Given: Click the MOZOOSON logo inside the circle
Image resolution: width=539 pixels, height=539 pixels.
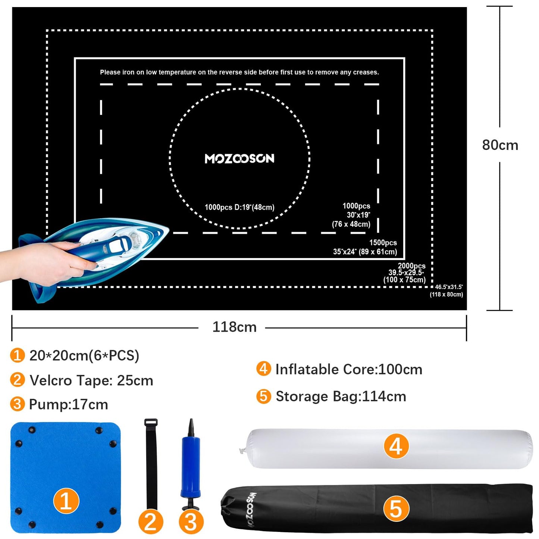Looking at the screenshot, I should click(x=239, y=159).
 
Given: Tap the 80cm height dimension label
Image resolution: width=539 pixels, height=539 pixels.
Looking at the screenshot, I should click(x=500, y=145).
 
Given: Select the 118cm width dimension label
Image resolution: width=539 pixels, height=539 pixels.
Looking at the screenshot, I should click(x=234, y=327).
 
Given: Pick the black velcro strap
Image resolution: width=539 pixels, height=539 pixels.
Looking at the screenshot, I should click(x=151, y=463).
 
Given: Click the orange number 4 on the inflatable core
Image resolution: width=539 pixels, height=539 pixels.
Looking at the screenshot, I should click(x=396, y=446).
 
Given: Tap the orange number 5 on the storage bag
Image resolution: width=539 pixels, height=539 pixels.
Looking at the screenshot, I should click(x=396, y=509).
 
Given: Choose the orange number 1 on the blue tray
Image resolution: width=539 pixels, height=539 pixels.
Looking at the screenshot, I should click(x=66, y=501).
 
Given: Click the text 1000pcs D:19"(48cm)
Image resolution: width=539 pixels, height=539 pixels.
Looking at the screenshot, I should click(x=239, y=207).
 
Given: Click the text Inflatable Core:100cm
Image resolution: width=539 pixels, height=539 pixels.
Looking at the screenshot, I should click(x=349, y=370).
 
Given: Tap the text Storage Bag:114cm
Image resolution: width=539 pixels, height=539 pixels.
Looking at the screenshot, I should click(x=341, y=397).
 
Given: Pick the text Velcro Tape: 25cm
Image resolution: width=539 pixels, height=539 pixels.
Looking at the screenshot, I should click(x=91, y=380).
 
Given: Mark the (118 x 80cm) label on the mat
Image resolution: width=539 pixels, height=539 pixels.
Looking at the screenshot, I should click(x=446, y=294).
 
